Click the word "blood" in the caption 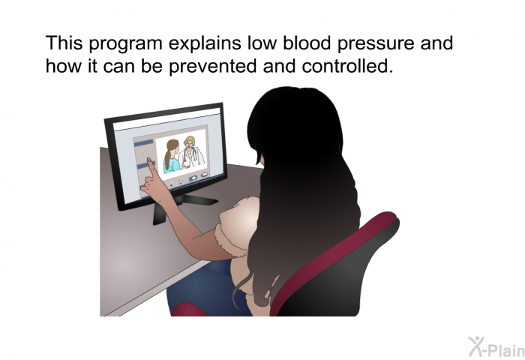tap(307, 43)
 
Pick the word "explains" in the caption tap(205, 44)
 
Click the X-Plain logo tap(496, 346)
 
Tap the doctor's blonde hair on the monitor tap(190, 141)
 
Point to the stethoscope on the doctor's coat tap(190, 157)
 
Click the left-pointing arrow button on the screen tap(171, 184)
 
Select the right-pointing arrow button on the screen tap(181, 182)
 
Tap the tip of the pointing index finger tap(148, 160)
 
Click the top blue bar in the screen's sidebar tap(144, 143)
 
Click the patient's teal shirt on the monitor tap(172, 166)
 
